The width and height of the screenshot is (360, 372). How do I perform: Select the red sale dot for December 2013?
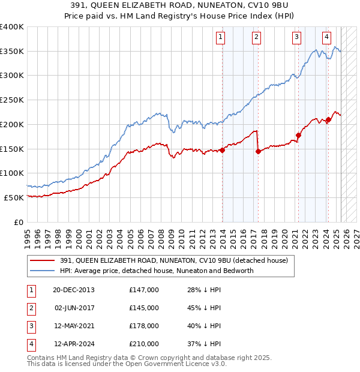(x=223, y=150)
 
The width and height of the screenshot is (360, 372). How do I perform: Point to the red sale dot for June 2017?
(x=258, y=151)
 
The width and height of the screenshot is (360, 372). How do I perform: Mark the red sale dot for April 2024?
(x=329, y=120)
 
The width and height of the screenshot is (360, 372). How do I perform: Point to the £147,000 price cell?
(x=144, y=290)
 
